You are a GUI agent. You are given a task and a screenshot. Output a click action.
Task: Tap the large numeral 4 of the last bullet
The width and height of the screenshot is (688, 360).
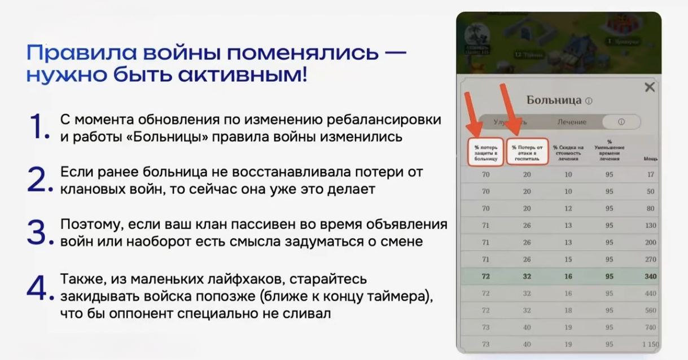(x=38, y=288)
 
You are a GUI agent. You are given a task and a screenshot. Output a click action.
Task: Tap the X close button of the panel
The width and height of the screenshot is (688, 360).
(x=650, y=87)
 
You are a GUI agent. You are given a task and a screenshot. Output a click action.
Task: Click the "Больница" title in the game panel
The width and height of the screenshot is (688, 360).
(x=554, y=100)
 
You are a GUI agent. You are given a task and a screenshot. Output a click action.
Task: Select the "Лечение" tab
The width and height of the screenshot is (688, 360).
(x=572, y=122)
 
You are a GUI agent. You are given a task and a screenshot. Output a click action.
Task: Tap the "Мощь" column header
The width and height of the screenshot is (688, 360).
(x=650, y=159)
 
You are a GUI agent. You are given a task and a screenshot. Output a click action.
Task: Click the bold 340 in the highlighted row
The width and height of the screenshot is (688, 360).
(x=650, y=276)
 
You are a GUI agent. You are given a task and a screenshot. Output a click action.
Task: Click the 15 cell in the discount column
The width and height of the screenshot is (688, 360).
(x=568, y=260)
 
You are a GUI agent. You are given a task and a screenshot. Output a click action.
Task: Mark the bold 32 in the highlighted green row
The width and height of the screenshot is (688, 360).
(x=527, y=276)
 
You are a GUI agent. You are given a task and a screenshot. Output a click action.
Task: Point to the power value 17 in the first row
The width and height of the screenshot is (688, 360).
(x=651, y=174)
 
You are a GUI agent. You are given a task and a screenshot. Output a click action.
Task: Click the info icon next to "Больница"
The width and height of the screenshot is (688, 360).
(x=589, y=101)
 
